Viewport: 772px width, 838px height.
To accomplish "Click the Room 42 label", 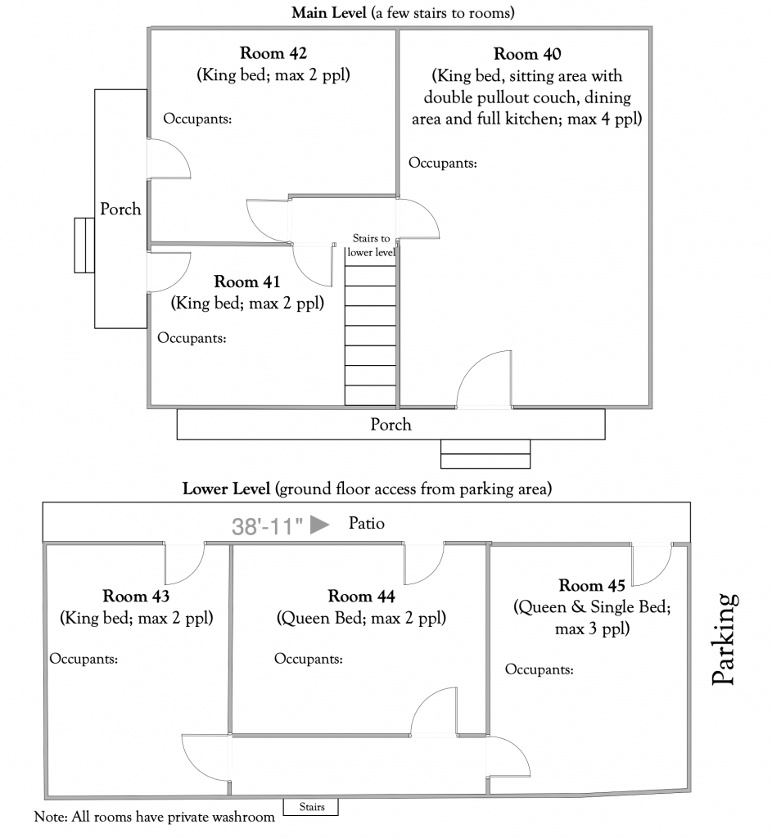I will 273,55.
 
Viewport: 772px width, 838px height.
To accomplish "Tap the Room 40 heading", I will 527,56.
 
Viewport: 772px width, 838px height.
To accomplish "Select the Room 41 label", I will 247,282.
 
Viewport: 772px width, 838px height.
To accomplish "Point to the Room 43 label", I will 137,596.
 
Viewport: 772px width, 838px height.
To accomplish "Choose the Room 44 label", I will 362,597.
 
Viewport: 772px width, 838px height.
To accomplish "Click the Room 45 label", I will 592,586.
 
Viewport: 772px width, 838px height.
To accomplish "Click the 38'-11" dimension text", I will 267,525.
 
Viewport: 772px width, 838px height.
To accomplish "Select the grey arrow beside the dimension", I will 320,525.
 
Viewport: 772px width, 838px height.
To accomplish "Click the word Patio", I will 366,523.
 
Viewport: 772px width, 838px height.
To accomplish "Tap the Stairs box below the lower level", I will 310,808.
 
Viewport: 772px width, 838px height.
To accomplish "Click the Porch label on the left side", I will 120,209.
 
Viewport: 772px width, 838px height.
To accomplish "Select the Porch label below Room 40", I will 391,425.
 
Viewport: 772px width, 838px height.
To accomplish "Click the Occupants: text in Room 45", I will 539,669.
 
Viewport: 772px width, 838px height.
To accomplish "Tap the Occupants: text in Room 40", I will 443,163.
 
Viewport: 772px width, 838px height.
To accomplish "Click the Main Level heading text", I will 325,13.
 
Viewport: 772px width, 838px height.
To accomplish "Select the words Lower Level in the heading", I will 226,490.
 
